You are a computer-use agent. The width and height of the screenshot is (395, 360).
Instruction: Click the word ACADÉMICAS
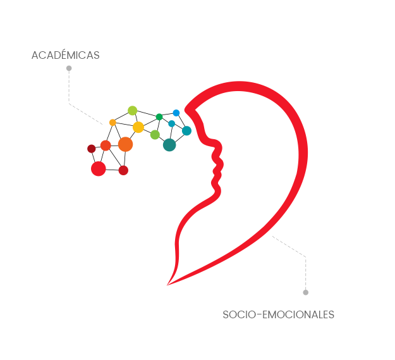[x=65, y=56]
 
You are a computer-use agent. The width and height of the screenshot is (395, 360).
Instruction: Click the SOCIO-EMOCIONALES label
[x=278, y=314]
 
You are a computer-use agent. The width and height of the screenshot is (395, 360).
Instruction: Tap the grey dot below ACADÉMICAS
[x=69, y=68]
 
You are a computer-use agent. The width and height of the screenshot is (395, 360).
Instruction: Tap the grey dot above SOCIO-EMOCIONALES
[x=305, y=292]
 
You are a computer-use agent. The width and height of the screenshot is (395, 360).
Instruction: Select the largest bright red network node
[x=98, y=168]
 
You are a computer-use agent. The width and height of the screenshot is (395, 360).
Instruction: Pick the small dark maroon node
[x=91, y=149]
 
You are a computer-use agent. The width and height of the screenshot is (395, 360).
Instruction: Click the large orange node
[x=125, y=144]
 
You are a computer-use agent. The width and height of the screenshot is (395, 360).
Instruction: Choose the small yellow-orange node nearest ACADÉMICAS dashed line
[x=112, y=122]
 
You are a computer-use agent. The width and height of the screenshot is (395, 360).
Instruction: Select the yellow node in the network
[x=138, y=127]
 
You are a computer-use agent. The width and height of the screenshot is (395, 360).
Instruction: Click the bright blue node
[x=176, y=113]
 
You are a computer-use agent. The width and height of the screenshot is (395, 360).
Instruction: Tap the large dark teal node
[x=169, y=145]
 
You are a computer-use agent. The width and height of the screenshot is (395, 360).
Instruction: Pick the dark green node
[x=159, y=116]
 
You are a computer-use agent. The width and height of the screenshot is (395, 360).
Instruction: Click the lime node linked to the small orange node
[x=132, y=111]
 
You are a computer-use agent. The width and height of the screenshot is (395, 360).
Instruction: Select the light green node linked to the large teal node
[x=155, y=135]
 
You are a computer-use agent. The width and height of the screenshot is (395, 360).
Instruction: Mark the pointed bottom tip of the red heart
[x=167, y=284]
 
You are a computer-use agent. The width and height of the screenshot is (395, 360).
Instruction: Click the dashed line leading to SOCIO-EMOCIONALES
[x=297, y=251]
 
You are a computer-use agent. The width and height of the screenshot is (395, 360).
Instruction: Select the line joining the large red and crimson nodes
[x=111, y=170]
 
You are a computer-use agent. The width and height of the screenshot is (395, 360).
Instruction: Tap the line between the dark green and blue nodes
[x=167, y=115]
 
